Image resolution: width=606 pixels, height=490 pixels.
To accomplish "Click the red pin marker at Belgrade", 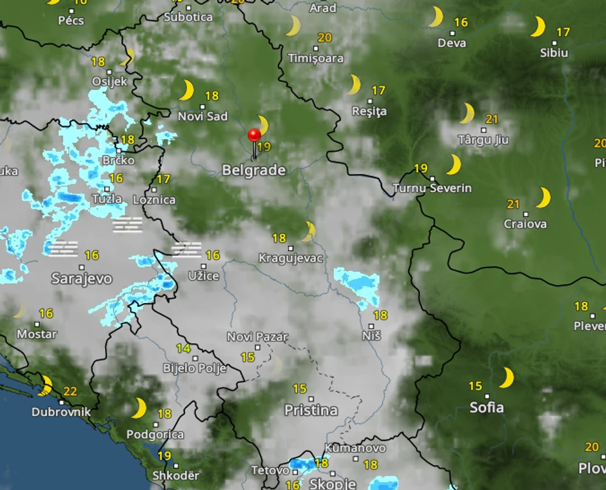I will tap(254, 135).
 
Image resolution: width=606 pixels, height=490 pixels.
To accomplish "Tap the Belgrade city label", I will tap(253, 171).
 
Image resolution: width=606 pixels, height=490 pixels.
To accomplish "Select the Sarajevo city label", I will tap(81, 279).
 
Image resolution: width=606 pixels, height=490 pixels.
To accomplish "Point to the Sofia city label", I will tap(487, 407).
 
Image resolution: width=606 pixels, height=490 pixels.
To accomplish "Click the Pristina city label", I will tap(311, 410).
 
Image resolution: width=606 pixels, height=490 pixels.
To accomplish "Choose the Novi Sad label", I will tap(203, 116).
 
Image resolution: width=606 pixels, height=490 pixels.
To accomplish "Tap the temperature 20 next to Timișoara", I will tap(324, 37).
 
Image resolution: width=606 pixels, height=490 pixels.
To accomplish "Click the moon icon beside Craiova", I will tap(543, 197).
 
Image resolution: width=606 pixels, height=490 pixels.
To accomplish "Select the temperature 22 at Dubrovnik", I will tap(70, 391).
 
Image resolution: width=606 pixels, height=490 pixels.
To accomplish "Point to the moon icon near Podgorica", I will tap(139, 407).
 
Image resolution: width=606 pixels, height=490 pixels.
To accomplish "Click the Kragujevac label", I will tap(291, 259).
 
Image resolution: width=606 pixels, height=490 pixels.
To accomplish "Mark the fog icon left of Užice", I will tap(186, 250).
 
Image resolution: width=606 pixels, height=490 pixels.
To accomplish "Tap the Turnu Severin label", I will tap(432, 188).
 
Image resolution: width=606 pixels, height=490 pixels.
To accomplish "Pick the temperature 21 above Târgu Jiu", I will tap(492, 119).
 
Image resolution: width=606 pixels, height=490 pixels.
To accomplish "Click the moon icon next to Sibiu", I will tap(537, 27).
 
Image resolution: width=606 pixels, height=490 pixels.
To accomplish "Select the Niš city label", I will tap(371, 336).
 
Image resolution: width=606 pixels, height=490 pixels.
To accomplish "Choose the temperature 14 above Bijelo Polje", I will tap(184, 349).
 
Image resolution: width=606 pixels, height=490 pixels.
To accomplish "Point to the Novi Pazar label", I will tap(257, 337).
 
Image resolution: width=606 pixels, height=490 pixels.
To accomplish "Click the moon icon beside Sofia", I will tap(507, 378).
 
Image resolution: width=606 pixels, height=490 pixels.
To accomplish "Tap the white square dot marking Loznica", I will tap(154, 190).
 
